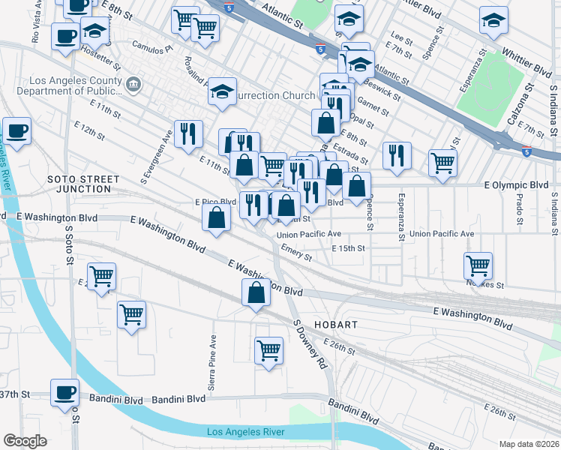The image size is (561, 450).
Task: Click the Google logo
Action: tap(25, 441)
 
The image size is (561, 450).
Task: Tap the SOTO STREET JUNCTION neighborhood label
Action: tap(83, 184)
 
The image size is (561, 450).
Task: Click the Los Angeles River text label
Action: tap(245, 432)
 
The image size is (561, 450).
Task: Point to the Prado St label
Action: tap(517, 210)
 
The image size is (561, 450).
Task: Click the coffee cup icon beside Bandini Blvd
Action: tap(64, 391)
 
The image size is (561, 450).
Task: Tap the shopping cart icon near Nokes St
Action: tap(478, 265)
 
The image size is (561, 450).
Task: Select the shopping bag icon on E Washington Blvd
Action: tap(256, 292)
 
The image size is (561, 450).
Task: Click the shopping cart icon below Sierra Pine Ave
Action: tap(268, 349)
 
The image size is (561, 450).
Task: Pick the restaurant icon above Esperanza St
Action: tap(397, 154)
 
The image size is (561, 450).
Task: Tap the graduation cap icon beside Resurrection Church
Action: tap(223, 91)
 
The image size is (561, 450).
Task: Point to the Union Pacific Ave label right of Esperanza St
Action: tap(442, 234)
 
